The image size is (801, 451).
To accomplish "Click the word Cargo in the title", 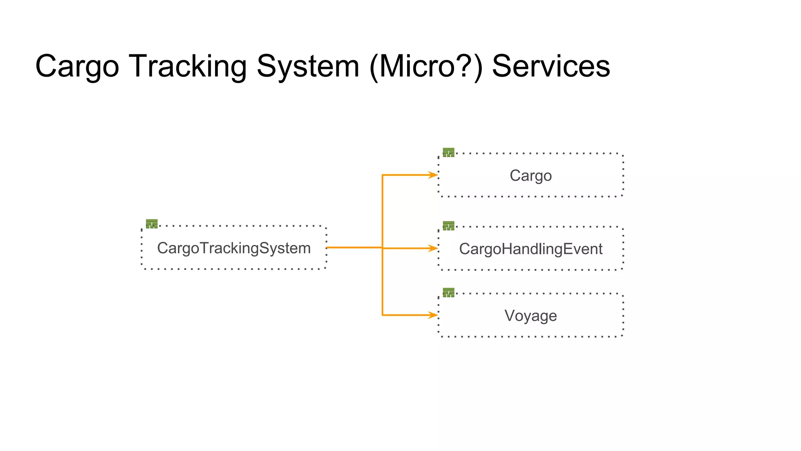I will coord(77,67).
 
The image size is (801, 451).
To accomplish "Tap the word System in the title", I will coord(308,67).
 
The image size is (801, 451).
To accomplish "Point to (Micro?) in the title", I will coord(426,67).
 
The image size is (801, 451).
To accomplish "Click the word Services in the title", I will coord(551,67).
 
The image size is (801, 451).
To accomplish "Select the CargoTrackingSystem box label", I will coord(234,248).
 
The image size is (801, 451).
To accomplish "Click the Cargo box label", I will coord(530,175).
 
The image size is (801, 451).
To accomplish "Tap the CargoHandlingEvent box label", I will coord(530,249).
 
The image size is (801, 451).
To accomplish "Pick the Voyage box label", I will coord(530,316).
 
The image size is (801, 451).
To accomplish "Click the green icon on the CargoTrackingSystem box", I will coord(152,224).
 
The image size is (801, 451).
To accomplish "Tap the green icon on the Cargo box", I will coord(449,152).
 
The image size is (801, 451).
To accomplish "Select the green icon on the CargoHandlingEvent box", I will coord(449,225).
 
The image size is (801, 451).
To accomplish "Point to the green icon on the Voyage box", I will coord(449,292).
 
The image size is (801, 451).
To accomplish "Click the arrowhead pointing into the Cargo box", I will coord(433,175).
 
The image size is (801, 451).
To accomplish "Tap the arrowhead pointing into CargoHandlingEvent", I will coord(433,248).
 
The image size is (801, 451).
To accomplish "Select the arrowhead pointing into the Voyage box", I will coord(433,315).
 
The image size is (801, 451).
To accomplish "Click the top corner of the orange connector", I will coord(383,175).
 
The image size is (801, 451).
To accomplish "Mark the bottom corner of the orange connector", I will coord(383,315).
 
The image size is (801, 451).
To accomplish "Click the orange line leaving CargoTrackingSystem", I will coord(352,247).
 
